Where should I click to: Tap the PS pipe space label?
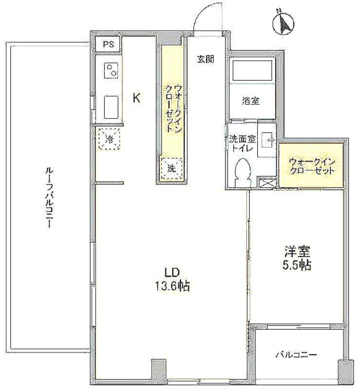109,45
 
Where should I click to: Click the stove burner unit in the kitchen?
111,71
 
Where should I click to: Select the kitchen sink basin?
111,107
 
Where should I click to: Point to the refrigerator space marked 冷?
109,139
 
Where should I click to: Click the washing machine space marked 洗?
172,169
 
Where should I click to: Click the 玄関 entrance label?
206,59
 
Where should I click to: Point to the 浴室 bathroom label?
251,101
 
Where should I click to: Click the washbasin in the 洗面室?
267,140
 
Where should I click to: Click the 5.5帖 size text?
297,265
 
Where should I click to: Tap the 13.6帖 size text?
173,286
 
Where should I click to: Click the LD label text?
172,273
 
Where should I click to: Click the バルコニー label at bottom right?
297,355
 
